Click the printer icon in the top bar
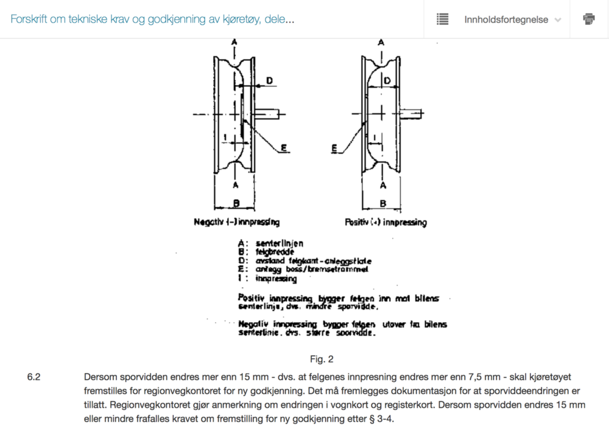(x=589, y=19)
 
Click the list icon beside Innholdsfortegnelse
(x=443, y=19)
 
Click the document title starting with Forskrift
(x=152, y=19)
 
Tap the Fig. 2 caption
(x=321, y=359)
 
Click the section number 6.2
(x=33, y=377)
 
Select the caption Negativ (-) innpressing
(x=237, y=222)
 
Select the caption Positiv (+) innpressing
(x=385, y=222)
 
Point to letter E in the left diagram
(x=284, y=147)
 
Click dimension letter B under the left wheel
(x=236, y=203)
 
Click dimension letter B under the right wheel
(x=382, y=203)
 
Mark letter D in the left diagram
(x=269, y=80)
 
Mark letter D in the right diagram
(x=387, y=80)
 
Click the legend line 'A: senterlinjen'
(x=270, y=244)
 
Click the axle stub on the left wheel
(x=269, y=113)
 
